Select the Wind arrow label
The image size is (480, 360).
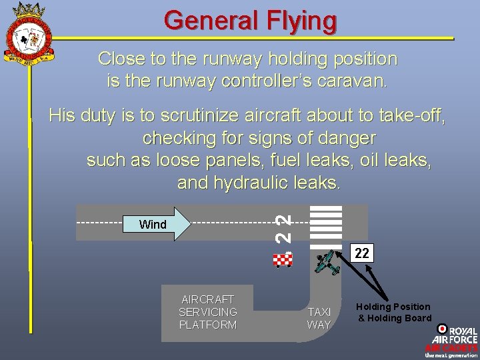tap(153, 225)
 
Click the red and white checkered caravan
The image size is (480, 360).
tap(283, 259)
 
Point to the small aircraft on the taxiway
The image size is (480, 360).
tap(328, 263)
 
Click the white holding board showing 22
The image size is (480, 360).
tap(362, 253)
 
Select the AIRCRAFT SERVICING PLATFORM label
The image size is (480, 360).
tap(208, 312)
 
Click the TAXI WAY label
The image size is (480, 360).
tap(319, 318)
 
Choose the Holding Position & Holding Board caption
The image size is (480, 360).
tap(393, 312)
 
